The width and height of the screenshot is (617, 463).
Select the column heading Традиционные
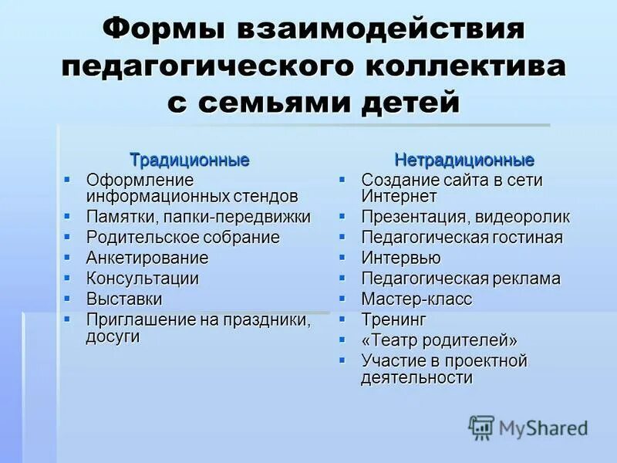pyautogui.click(x=190, y=161)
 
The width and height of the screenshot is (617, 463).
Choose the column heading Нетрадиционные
pyautogui.click(x=464, y=161)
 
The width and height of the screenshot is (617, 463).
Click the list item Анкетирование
pyautogui.click(x=147, y=258)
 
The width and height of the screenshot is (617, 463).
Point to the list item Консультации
pyautogui.click(x=143, y=279)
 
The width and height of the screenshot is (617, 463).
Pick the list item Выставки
pyautogui.click(x=124, y=299)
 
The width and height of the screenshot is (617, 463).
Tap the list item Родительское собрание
pyautogui.click(x=183, y=238)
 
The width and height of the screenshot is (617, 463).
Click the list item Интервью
pyautogui.click(x=401, y=258)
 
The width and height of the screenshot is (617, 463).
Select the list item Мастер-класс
pyautogui.click(x=416, y=299)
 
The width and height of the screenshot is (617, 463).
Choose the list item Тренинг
pyautogui.click(x=393, y=319)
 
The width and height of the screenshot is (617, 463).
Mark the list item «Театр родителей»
pyautogui.click(x=439, y=340)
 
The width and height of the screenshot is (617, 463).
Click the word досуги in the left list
pyautogui.click(x=113, y=336)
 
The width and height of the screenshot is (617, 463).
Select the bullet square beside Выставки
pyautogui.click(x=67, y=298)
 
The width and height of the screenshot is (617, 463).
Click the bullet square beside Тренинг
pyautogui.click(x=342, y=318)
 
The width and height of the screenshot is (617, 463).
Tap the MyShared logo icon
pyautogui.click(x=481, y=428)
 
